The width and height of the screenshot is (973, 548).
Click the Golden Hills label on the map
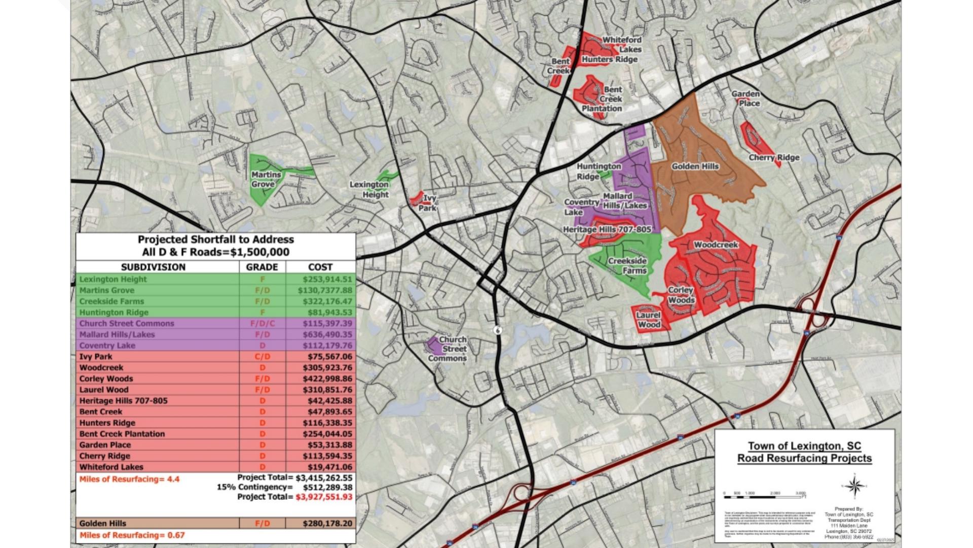pos(695,166)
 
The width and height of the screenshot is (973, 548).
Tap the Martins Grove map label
pos(266,179)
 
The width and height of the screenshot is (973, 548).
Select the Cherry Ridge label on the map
pos(774,158)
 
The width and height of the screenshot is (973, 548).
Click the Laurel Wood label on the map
pos(649,320)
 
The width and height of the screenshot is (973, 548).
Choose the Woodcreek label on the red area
pos(716,245)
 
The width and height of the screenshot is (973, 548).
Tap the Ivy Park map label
pos(429,203)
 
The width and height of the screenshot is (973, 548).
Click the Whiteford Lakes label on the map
pos(622,45)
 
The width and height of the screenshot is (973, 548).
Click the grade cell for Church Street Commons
pos(262,324)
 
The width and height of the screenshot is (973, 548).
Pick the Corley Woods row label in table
pos(106,379)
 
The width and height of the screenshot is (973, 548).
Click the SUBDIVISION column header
pos(153,267)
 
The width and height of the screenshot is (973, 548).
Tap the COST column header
pos(320,267)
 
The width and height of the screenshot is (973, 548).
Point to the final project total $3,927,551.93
pos(323,497)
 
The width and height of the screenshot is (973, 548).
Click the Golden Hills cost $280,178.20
pos(327,524)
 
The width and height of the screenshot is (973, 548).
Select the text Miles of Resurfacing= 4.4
pos(129,479)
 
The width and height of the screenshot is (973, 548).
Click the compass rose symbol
pos(855,486)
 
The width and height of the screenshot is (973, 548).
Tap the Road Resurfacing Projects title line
pos(804,459)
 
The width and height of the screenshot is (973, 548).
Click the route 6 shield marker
pos(498,330)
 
